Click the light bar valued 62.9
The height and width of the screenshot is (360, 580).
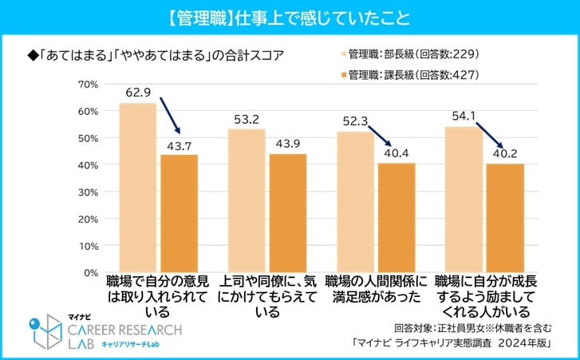tap(138, 188)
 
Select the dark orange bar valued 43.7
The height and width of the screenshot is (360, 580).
tap(179, 213)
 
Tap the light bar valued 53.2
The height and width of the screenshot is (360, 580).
tap(247, 200)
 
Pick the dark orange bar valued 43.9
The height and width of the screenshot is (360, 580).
tap(287, 213)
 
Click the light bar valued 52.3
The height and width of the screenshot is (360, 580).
tap(355, 202)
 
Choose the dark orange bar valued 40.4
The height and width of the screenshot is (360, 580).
tap(396, 218)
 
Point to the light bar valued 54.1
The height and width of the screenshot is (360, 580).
tap(464, 200)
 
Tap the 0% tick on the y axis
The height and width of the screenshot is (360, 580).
tap(89, 272)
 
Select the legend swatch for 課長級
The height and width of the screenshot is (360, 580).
tap(346, 75)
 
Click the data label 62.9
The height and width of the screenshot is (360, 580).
tap(138, 93)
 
